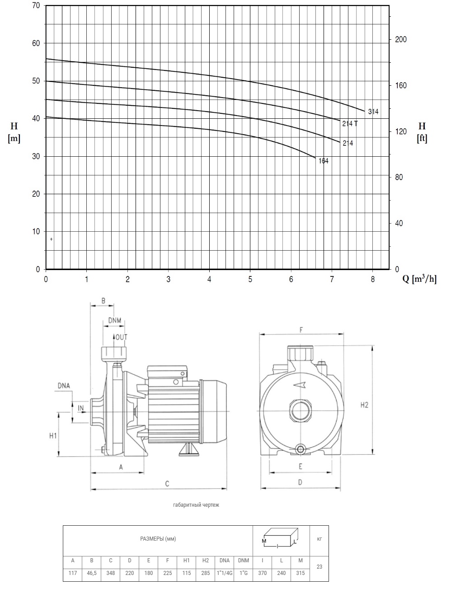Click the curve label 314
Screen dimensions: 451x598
(373, 112)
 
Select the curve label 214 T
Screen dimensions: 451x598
(350, 124)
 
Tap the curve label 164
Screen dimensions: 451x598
(324, 161)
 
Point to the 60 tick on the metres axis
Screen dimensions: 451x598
(36, 43)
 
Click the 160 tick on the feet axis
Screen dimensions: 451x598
(400, 85)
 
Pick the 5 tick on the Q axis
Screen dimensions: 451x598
(250, 279)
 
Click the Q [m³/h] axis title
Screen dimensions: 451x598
(419, 279)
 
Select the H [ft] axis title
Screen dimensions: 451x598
(422, 132)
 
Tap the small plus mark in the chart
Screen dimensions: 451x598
(51, 239)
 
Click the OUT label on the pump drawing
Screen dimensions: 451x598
(121, 337)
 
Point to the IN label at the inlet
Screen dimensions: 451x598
(80, 408)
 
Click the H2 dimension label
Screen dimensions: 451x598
(364, 405)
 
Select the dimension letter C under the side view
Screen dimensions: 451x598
(167, 484)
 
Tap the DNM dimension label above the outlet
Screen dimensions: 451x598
(114, 320)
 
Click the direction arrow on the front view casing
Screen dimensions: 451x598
(300, 385)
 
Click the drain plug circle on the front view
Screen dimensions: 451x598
(301, 448)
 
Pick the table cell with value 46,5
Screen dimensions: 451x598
(92, 573)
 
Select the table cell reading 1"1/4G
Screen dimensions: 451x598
(225, 573)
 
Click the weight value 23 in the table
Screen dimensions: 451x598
(319, 567)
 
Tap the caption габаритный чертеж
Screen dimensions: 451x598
(196, 505)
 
